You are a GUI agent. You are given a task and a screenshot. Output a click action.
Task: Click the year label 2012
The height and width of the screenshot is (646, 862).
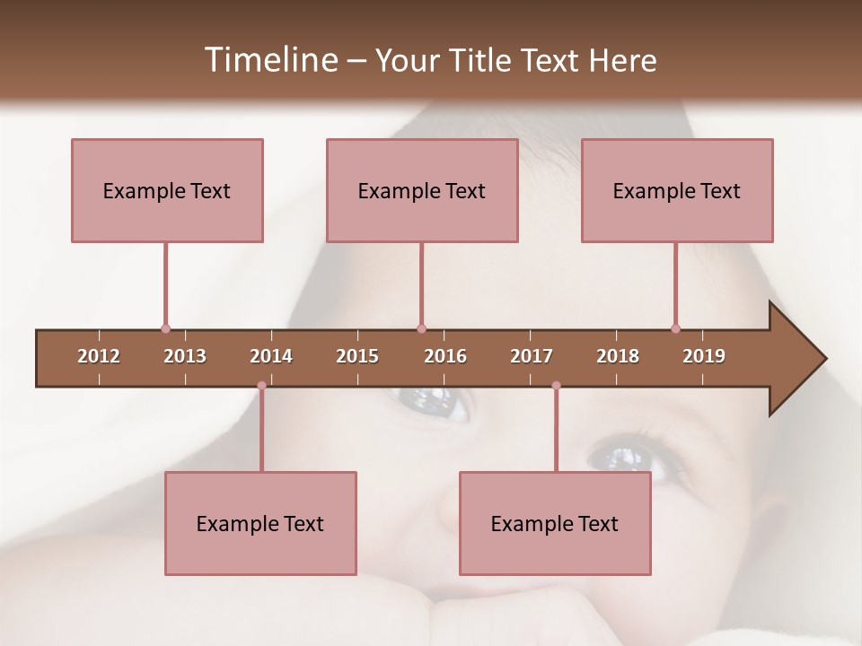click(x=99, y=356)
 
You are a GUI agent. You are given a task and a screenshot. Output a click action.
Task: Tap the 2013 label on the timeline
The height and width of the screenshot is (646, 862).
click(x=185, y=356)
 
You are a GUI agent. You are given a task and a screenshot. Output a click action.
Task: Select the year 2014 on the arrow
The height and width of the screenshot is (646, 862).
click(x=271, y=356)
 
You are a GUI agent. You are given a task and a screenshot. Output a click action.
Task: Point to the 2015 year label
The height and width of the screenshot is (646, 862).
click(x=357, y=356)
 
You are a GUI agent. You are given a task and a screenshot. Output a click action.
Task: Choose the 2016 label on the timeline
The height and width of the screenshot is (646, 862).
click(x=445, y=356)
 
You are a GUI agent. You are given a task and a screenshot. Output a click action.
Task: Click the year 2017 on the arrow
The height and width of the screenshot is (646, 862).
click(x=532, y=356)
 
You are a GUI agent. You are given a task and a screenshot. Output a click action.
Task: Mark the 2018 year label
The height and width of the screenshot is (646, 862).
click(x=618, y=356)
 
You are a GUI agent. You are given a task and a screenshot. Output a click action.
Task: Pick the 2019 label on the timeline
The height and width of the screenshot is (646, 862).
click(x=704, y=356)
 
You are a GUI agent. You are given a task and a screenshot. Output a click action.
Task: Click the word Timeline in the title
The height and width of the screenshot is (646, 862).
click(x=269, y=60)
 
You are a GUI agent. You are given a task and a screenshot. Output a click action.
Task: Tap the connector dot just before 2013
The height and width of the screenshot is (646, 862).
click(x=165, y=329)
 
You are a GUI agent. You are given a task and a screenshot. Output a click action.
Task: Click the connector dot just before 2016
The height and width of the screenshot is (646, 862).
click(x=421, y=329)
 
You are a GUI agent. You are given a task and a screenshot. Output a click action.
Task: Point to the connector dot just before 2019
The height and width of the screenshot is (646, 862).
click(x=675, y=329)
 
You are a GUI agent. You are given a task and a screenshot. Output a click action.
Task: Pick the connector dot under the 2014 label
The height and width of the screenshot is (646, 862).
click(x=261, y=386)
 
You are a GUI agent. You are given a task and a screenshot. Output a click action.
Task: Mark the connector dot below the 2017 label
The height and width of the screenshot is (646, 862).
click(x=556, y=386)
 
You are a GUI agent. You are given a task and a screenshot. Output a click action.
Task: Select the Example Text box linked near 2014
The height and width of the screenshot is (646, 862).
click(x=260, y=523)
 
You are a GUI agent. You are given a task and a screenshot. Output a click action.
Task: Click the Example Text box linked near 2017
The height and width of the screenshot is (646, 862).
click(x=555, y=523)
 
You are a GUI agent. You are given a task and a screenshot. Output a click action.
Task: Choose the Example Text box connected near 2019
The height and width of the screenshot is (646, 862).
click(x=677, y=190)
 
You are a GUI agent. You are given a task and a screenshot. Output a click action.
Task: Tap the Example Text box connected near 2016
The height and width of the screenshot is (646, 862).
click(x=422, y=190)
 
